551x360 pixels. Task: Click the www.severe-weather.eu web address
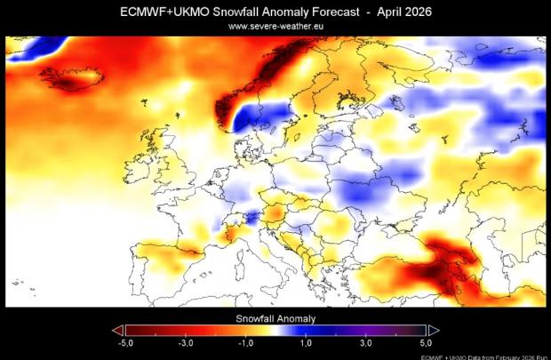pyautogui.click(x=275, y=27)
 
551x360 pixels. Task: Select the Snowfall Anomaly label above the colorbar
pyautogui.click(x=275, y=317)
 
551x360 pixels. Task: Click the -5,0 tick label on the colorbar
pyautogui.click(x=125, y=343)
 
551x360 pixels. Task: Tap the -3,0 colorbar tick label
pyautogui.click(x=186, y=343)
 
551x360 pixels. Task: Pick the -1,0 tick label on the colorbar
pyautogui.click(x=246, y=343)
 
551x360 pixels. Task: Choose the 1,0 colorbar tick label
pyautogui.click(x=306, y=343)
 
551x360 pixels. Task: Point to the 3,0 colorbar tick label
pyautogui.click(x=366, y=343)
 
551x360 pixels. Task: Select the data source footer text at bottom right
pyautogui.click(x=484, y=356)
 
